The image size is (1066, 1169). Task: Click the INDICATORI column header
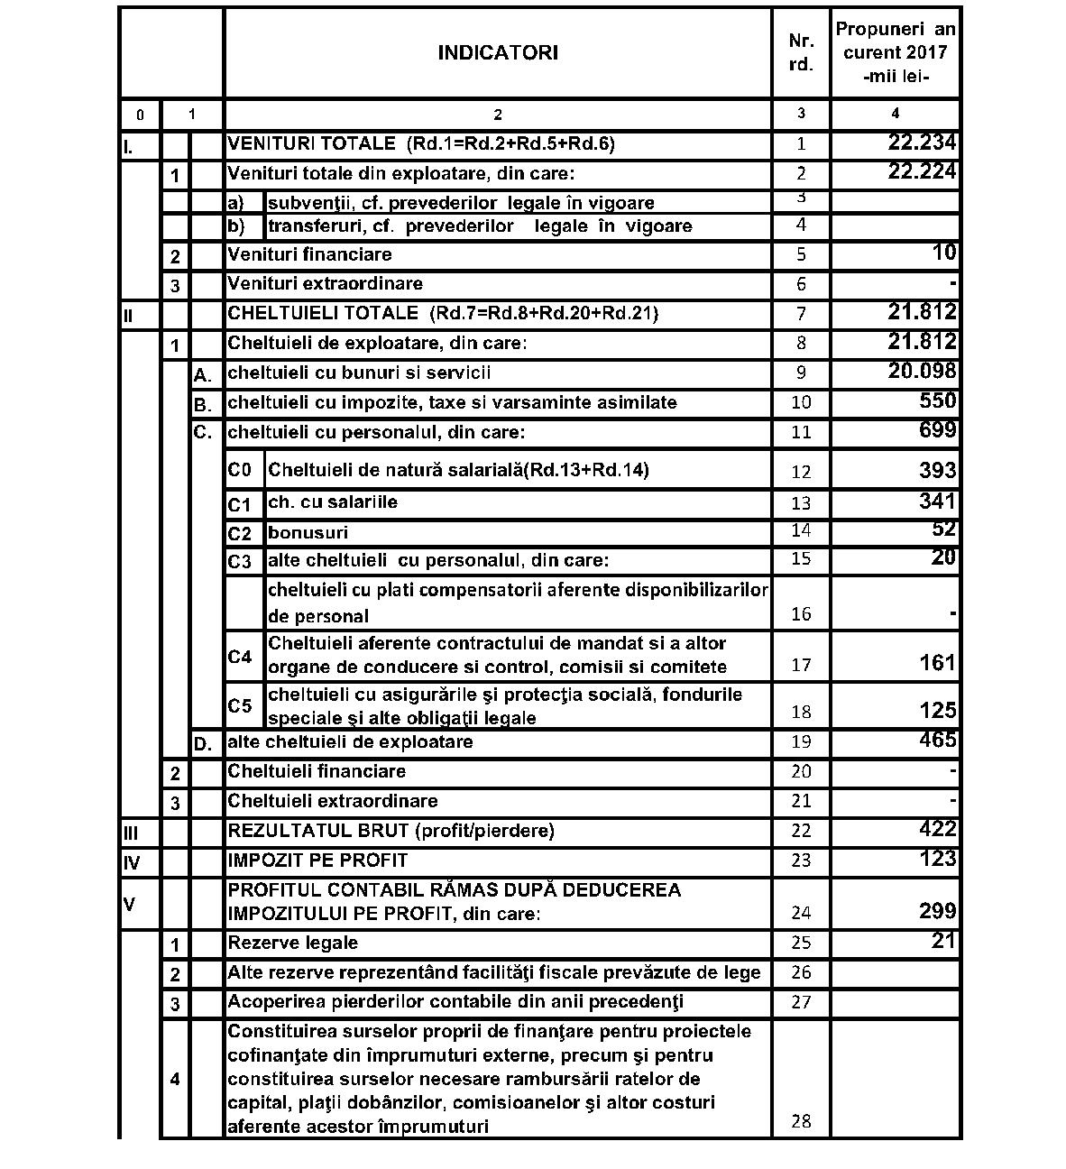coord(498,52)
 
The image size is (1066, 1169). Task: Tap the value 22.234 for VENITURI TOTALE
coord(922,142)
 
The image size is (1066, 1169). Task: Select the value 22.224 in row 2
coord(922,171)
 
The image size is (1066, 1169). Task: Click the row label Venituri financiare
coord(309,254)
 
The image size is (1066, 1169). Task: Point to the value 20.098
coord(922,371)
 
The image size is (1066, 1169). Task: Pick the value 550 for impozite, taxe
coord(937,400)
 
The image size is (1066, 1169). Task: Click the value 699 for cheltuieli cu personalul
coord(937,430)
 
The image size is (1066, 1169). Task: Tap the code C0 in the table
coord(239,470)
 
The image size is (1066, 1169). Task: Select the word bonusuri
coord(308,533)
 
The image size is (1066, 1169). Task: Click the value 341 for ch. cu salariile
coord(937,501)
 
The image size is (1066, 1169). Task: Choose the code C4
coord(239,657)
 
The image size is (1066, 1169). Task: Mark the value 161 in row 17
coord(937,663)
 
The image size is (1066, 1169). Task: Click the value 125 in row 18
coord(937,710)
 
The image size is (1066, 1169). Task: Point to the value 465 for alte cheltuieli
coord(937,741)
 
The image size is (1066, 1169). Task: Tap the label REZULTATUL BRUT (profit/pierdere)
coord(391,830)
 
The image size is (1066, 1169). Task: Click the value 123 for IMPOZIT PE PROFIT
coord(937,859)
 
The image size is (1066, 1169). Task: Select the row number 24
coord(801,913)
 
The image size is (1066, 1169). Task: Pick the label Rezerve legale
coord(292,943)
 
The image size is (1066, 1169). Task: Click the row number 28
coord(801,1121)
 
